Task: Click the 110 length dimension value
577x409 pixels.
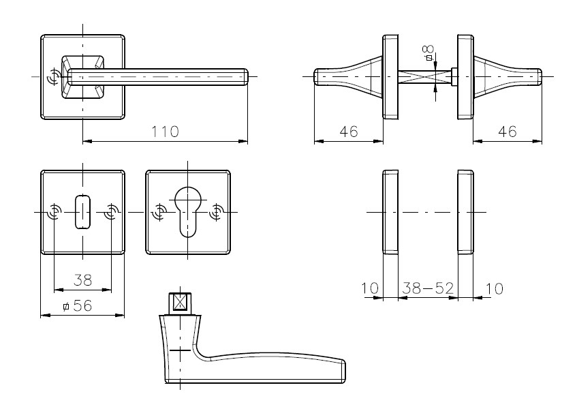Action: pyautogui.click(x=166, y=132)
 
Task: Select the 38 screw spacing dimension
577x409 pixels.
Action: pyautogui.click(x=82, y=279)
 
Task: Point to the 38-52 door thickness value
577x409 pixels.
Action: pyautogui.click(x=428, y=288)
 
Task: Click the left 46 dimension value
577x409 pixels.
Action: pyautogui.click(x=349, y=132)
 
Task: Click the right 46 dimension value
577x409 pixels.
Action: pyautogui.click(x=507, y=132)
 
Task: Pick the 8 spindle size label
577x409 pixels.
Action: pyautogui.click(x=428, y=52)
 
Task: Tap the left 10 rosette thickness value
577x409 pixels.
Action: pyautogui.click(x=369, y=288)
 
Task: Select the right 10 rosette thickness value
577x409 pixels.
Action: pyautogui.click(x=494, y=288)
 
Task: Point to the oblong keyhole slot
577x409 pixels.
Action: pyautogui.click(x=83, y=211)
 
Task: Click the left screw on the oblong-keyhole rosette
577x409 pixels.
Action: pyautogui.click(x=54, y=212)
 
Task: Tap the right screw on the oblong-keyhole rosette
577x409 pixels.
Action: pyautogui.click(x=111, y=212)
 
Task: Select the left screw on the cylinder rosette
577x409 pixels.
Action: pyautogui.click(x=159, y=212)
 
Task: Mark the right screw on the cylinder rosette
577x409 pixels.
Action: pyautogui.click(x=216, y=212)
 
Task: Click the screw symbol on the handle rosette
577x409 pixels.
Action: pyautogui.click(x=53, y=77)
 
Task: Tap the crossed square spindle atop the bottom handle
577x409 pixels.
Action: pyautogui.click(x=180, y=303)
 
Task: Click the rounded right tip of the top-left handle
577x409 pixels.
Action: pyautogui.click(x=246, y=77)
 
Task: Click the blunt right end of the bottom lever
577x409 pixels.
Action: pyautogui.click(x=344, y=372)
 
